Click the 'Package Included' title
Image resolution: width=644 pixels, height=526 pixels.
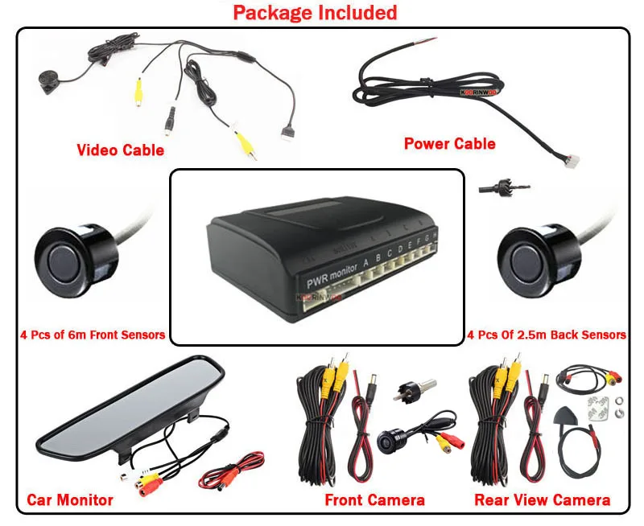click(x=315, y=13)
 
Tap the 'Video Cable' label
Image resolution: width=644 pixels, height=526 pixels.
click(x=120, y=150)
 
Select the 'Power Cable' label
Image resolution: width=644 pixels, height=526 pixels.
click(x=449, y=144)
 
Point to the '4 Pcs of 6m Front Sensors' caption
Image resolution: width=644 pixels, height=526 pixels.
click(x=93, y=335)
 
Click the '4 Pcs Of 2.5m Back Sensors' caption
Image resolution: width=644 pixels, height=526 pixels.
click(x=547, y=335)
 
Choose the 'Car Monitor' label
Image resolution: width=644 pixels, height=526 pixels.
click(x=70, y=499)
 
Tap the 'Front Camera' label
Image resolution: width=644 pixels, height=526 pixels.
click(x=374, y=500)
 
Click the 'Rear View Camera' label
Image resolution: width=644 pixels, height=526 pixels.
click(x=542, y=500)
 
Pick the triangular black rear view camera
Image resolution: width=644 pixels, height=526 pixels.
click(x=565, y=417)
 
